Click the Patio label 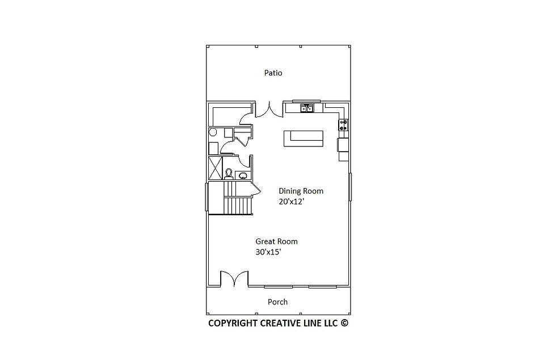click(x=273, y=73)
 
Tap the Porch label click(x=277, y=302)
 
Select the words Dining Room click(x=301, y=191)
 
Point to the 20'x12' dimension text click(x=292, y=202)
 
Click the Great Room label click(x=277, y=241)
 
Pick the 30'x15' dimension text click(x=268, y=252)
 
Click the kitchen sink click(x=307, y=108)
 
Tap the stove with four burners click(x=343, y=125)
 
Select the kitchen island click(x=304, y=139)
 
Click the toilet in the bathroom click(x=229, y=174)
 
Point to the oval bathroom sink click(x=243, y=175)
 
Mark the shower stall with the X click(x=215, y=168)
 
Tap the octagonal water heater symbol click(x=213, y=132)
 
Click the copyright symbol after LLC click(x=344, y=323)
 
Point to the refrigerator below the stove click(x=343, y=145)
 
